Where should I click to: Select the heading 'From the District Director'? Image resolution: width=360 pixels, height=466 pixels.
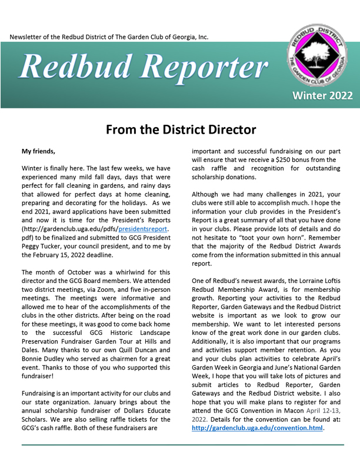point(180,129)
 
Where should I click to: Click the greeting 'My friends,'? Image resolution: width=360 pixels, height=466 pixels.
point(38,151)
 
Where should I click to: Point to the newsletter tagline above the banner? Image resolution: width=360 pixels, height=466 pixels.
point(109,37)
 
